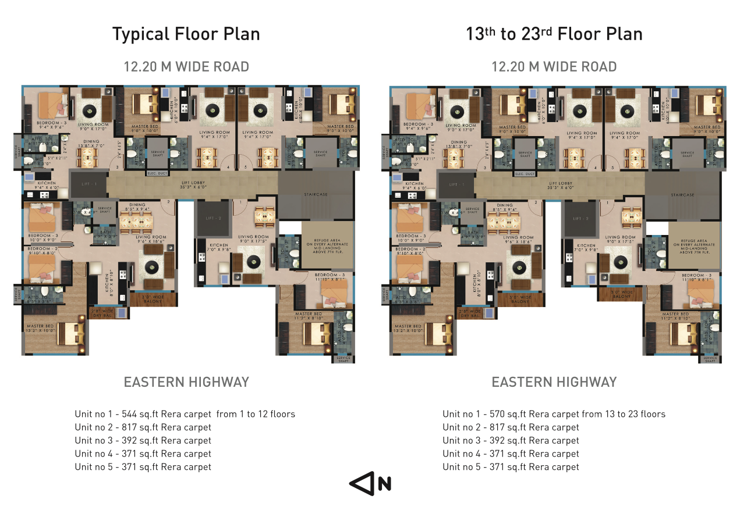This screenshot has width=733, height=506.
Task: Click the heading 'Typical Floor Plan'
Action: coord(186,34)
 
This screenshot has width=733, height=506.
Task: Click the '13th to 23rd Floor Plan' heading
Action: coord(554,34)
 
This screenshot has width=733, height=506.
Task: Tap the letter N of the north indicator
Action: coord(384,484)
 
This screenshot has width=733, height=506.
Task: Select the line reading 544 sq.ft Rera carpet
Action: coord(185,414)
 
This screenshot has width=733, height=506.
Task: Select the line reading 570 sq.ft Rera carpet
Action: coord(553,414)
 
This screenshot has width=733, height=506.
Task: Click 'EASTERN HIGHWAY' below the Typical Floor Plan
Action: coord(186,382)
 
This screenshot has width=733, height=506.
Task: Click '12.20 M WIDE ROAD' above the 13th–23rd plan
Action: coord(554,67)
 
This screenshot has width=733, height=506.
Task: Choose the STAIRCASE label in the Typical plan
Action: coord(315,195)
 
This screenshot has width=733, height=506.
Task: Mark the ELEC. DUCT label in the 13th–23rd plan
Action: coord(525,174)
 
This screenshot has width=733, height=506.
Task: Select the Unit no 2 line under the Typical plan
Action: coord(143,427)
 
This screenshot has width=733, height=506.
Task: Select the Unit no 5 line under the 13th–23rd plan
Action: coord(511,467)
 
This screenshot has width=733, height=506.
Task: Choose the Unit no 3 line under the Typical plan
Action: coord(143,440)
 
